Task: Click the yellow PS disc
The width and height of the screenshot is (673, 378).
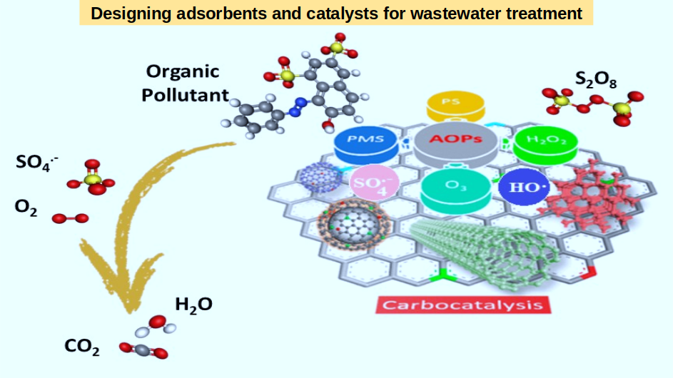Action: tap(455, 106)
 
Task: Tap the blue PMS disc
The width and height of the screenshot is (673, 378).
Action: tap(368, 142)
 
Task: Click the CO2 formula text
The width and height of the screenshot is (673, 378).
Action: tap(82, 347)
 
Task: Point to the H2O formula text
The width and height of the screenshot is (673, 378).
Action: tap(193, 305)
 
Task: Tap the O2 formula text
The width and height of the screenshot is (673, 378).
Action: tap(26, 208)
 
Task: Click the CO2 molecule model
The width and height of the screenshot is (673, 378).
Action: tap(143, 349)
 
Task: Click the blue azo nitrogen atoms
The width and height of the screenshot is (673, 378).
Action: tap(296, 111)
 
